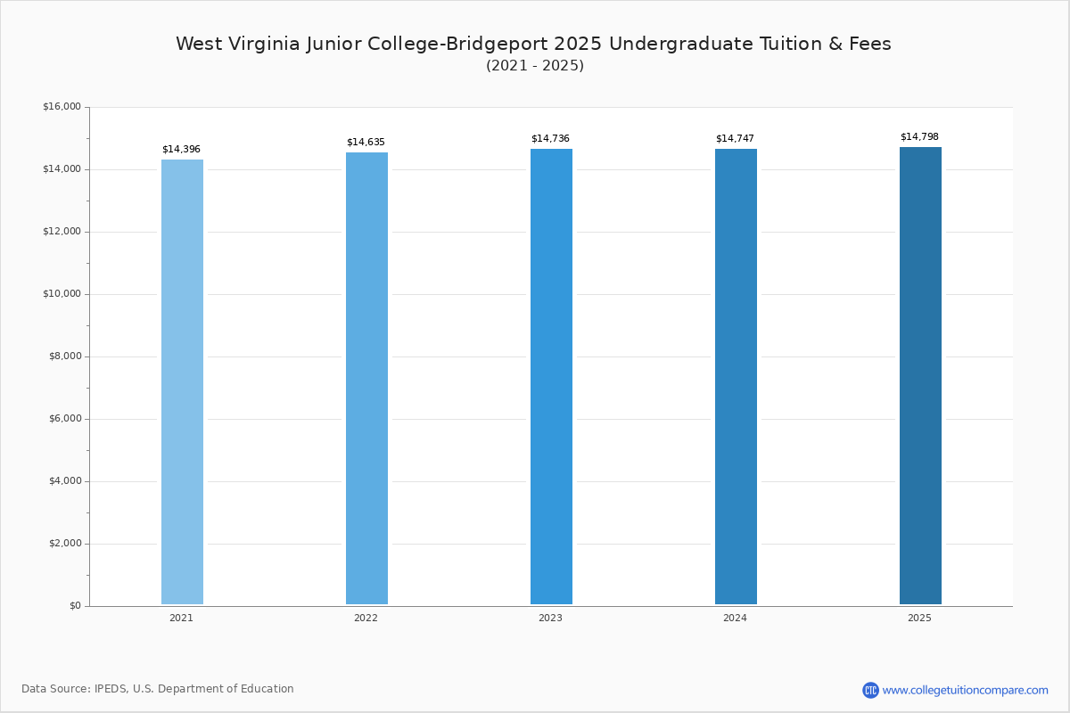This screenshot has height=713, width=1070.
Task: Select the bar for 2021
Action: [x=182, y=381]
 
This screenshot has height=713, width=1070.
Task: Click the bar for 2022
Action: [x=366, y=378]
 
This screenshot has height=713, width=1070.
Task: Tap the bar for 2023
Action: [x=551, y=376]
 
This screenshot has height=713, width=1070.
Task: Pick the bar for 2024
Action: [x=736, y=376]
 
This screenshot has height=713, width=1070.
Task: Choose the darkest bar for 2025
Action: [x=920, y=375]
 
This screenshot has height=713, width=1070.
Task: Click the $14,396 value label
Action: [x=181, y=150]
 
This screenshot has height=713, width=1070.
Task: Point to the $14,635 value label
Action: [x=366, y=143]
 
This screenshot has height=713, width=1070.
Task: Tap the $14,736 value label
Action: [x=550, y=138]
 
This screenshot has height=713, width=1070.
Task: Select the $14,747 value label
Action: [x=735, y=138]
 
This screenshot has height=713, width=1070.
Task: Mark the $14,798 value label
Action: [x=919, y=137]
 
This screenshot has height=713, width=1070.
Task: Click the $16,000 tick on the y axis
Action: [x=62, y=106]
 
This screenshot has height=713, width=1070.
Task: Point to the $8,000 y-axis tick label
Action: [x=65, y=356]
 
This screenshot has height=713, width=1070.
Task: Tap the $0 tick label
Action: [x=76, y=606]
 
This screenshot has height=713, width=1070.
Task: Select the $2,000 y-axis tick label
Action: [x=65, y=544]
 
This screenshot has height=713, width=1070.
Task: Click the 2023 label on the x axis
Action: [x=550, y=618]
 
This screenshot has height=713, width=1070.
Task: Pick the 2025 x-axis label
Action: [x=919, y=618]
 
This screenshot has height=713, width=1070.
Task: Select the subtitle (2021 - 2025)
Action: [x=535, y=65]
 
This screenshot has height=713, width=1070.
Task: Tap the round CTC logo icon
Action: [x=870, y=690]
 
